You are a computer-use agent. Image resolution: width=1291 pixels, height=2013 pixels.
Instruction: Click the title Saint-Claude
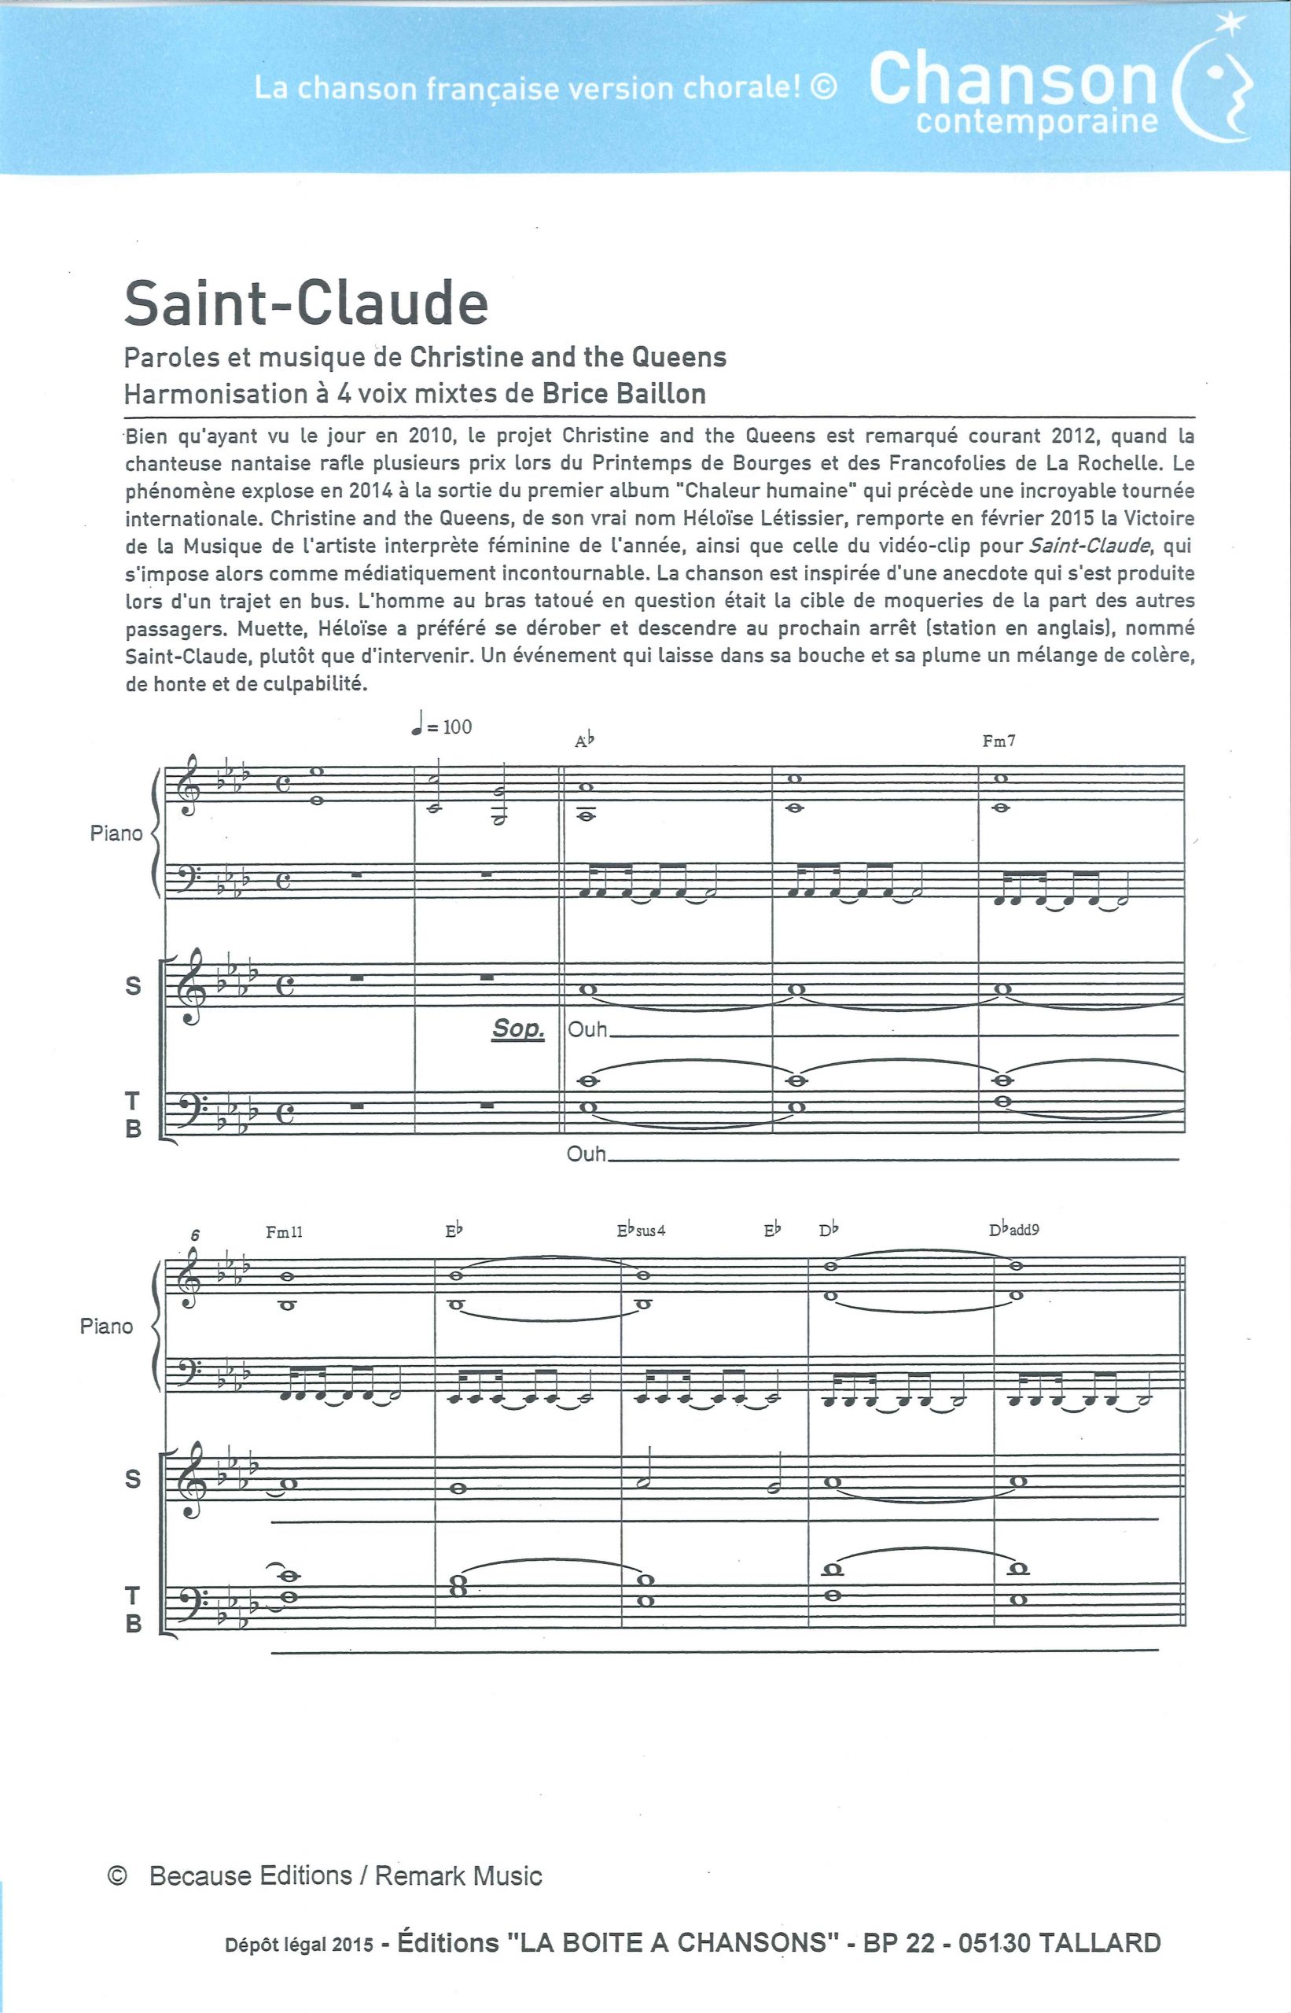pyautogui.click(x=306, y=304)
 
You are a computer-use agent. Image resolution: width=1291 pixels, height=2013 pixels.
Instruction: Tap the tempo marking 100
pyautogui.click(x=457, y=726)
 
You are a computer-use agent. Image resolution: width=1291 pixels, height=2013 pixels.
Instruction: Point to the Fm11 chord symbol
pyautogui.click(x=284, y=1231)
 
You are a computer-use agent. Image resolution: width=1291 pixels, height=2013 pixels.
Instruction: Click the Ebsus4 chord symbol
pyautogui.click(x=642, y=1231)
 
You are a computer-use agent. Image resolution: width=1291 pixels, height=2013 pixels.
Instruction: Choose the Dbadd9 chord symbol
pyautogui.click(x=1014, y=1230)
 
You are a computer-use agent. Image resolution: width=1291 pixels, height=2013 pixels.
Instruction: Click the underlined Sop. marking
pyautogui.click(x=518, y=1029)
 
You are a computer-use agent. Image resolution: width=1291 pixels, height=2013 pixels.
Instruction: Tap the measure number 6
pyautogui.click(x=194, y=1235)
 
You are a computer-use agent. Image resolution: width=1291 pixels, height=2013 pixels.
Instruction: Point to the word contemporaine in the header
pyautogui.click(x=1037, y=123)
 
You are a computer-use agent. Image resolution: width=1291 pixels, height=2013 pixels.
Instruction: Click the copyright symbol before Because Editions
pyautogui.click(x=118, y=1875)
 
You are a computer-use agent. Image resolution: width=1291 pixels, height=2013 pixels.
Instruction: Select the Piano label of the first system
pyautogui.click(x=116, y=834)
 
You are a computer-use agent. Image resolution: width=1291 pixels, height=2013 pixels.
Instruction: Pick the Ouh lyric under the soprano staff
pyautogui.click(x=587, y=1029)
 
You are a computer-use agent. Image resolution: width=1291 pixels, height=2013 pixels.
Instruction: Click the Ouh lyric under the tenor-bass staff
pyautogui.click(x=587, y=1154)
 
